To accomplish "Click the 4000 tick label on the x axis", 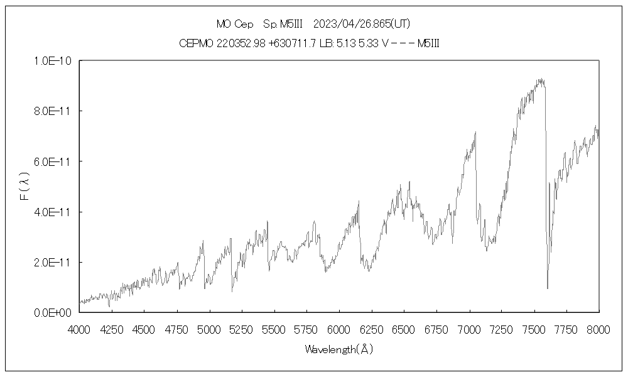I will click(x=79, y=329).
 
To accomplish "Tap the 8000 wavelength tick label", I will click(x=599, y=329).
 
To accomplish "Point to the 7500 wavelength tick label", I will click(x=534, y=329).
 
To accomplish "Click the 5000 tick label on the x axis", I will click(x=209, y=329).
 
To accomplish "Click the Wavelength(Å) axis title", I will click(x=339, y=349).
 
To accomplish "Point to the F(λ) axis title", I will click(x=24, y=187).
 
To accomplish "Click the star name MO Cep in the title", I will click(x=235, y=25).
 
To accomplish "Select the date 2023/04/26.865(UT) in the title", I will click(x=360, y=25).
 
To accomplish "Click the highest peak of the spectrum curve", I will click(x=539, y=79).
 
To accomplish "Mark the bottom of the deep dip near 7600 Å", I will click(x=548, y=288).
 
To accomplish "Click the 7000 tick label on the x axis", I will click(x=469, y=329).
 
